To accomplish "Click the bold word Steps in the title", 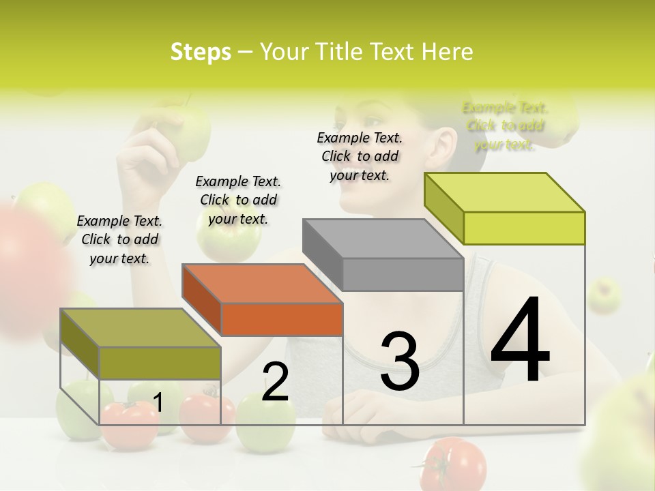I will [201, 52].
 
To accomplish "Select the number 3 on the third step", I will [399, 361].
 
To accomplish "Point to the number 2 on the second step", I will [275, 382].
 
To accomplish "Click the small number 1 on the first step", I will [158, 403].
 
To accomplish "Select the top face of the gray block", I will [383, 239].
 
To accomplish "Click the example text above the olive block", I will [119, 239].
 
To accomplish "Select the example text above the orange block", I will [238, 200].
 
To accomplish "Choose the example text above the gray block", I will [360, 156].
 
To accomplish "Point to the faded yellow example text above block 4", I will [505, 126].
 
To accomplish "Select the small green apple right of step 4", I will [605, 295].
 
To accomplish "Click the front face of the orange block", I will [282, 319].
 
